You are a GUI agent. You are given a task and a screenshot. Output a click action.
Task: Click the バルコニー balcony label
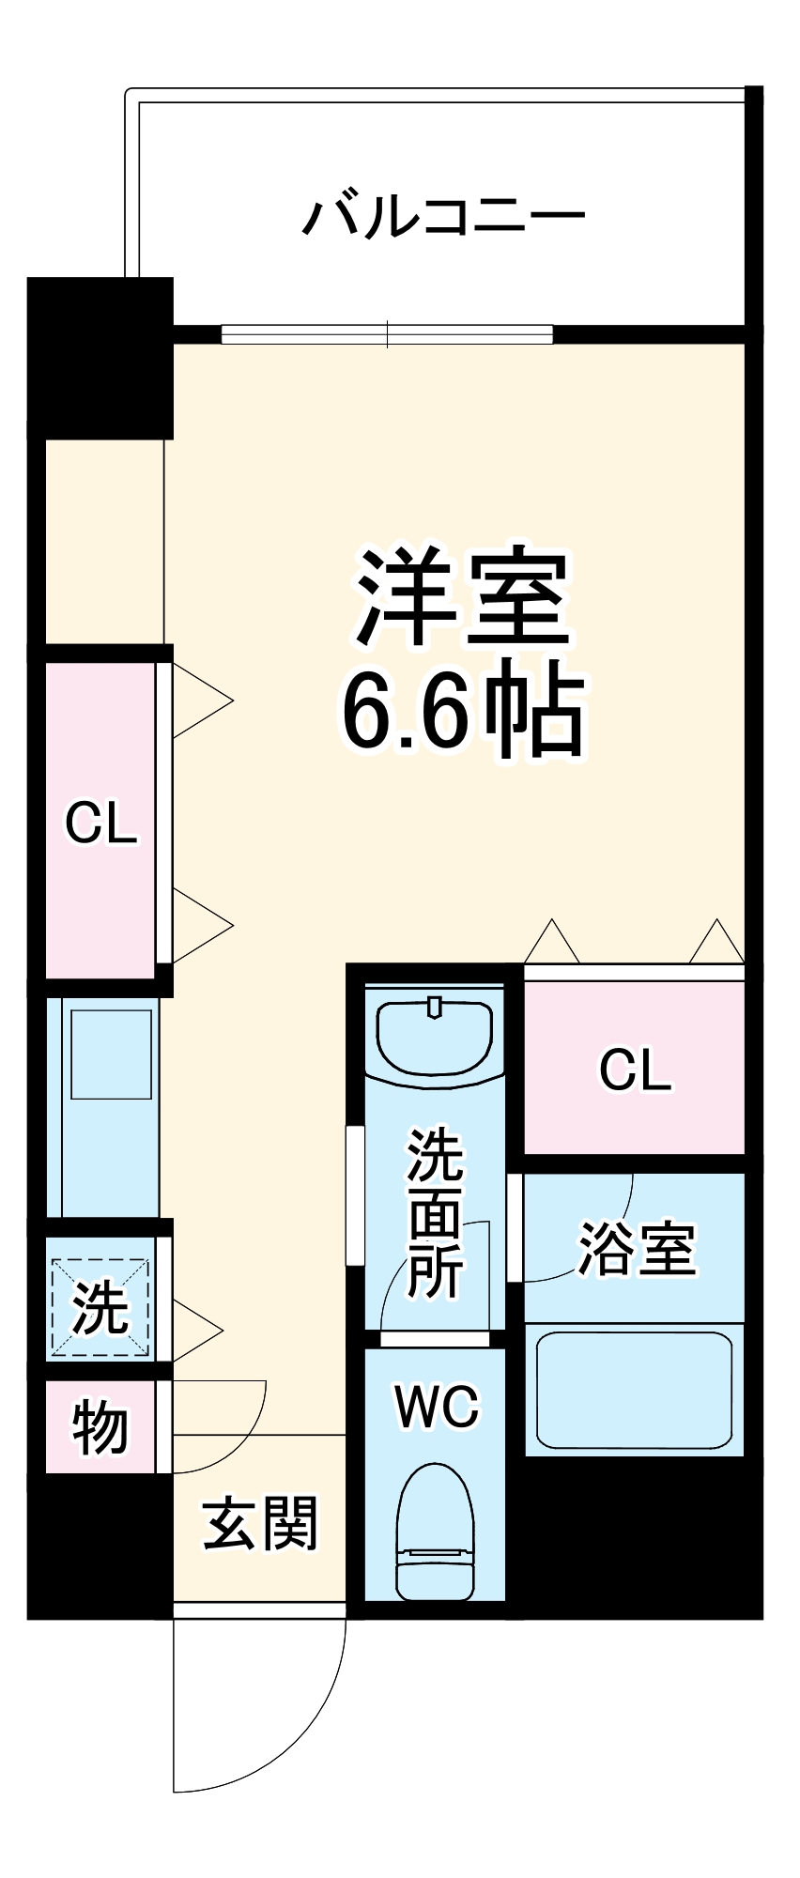[443, 217]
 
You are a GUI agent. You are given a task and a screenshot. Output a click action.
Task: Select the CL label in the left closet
[100, 824]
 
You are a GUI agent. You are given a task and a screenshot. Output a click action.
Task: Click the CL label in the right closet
[635, 1070]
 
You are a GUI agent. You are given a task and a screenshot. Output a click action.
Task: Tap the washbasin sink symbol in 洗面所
[435, 1036]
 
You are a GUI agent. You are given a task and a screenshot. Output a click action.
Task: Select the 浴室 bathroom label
[636, 1249]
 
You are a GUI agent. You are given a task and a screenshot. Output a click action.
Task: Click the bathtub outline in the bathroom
[634, 1391]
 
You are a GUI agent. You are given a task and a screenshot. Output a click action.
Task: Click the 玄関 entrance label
[261, 1523]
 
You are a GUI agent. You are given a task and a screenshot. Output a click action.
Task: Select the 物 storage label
[100, 1427]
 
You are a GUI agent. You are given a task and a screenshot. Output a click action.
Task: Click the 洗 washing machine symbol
[100, 1307]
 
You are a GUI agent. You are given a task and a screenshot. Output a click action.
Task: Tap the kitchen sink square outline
[111, 1054]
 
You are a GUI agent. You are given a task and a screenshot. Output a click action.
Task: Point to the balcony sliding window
[387, 333]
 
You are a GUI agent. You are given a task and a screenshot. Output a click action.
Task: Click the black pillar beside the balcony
[100, 357]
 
